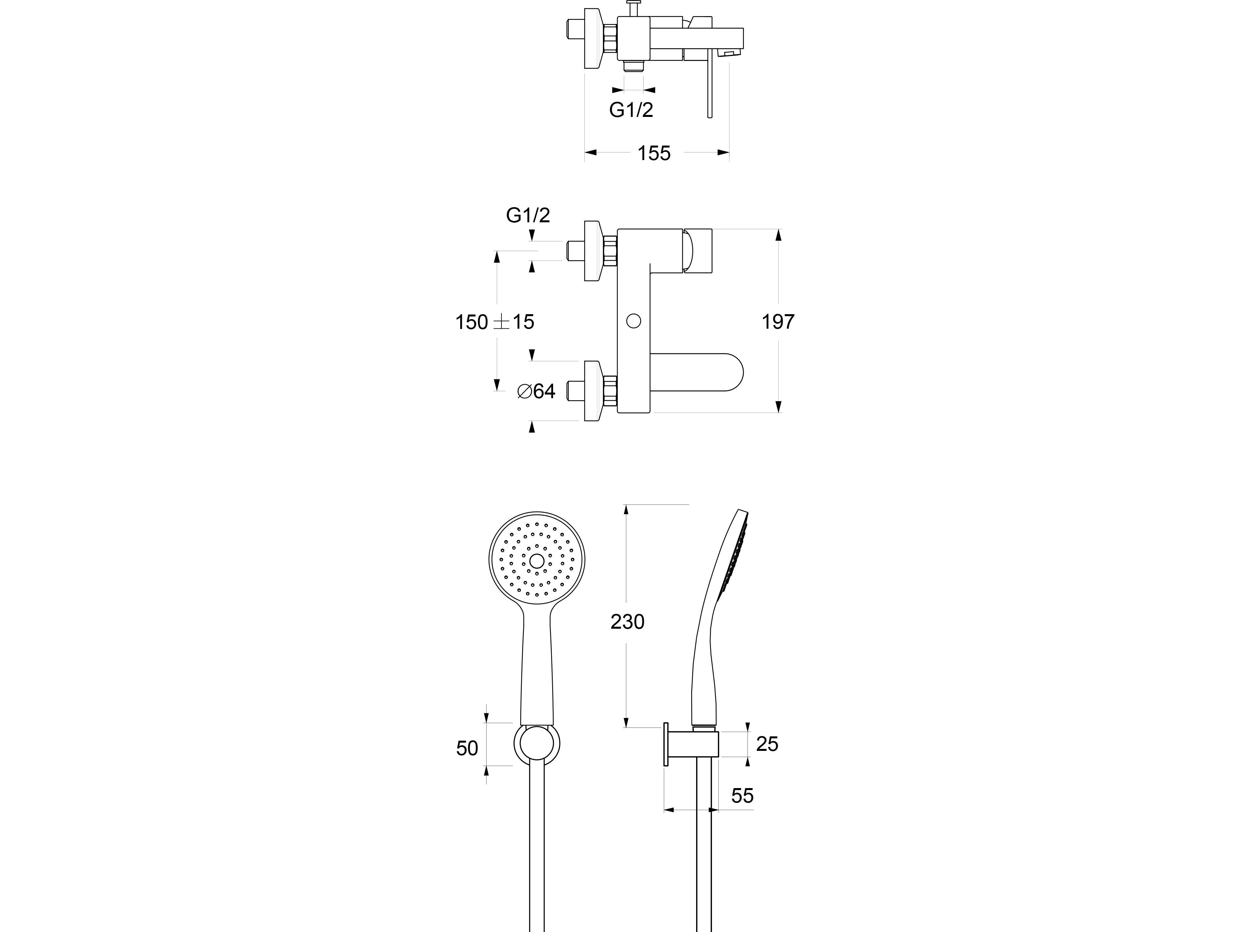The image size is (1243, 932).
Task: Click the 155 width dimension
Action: [654, 153]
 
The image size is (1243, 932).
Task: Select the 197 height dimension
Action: [778, 322]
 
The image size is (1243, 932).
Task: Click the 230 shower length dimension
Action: [628, 622]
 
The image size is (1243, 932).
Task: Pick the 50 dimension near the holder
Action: [467, 748]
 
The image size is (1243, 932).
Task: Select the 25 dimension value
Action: [767, 744]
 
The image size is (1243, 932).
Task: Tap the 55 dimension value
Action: [742, 796]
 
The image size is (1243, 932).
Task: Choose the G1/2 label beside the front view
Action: [528, 215]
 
